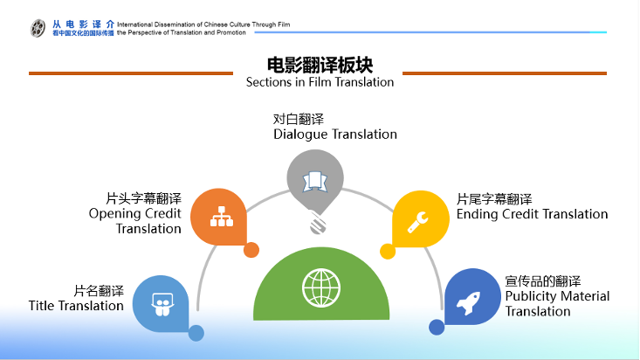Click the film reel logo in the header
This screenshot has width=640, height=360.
[38, 28]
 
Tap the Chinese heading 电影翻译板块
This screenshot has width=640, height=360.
[320, 65]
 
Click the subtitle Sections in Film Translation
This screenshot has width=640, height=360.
[320, 82]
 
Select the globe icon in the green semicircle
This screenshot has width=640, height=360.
[321, 287]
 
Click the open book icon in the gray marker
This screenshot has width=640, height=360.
[314, 182]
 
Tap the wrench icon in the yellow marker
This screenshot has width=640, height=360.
[417, 222]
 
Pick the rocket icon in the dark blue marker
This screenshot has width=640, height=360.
[468, 303]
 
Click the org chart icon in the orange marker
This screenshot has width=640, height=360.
[222, 216]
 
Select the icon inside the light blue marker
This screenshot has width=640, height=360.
[162, 304]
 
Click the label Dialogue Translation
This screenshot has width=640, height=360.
[335, 135]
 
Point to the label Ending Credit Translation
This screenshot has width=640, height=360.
[533, 214]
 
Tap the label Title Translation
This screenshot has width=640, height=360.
[76, 306]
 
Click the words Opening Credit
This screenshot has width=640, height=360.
[134, 214]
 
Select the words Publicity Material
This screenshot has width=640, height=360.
[557, 296]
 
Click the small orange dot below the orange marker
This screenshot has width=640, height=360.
[251, 250]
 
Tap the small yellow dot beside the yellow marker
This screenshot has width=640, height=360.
[388, 252]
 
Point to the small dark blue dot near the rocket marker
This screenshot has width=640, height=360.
[437, 328]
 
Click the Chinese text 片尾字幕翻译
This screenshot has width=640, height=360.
[494, 199]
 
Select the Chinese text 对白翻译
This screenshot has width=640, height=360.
[299, 120]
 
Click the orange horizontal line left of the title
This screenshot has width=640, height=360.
[131, 73]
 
